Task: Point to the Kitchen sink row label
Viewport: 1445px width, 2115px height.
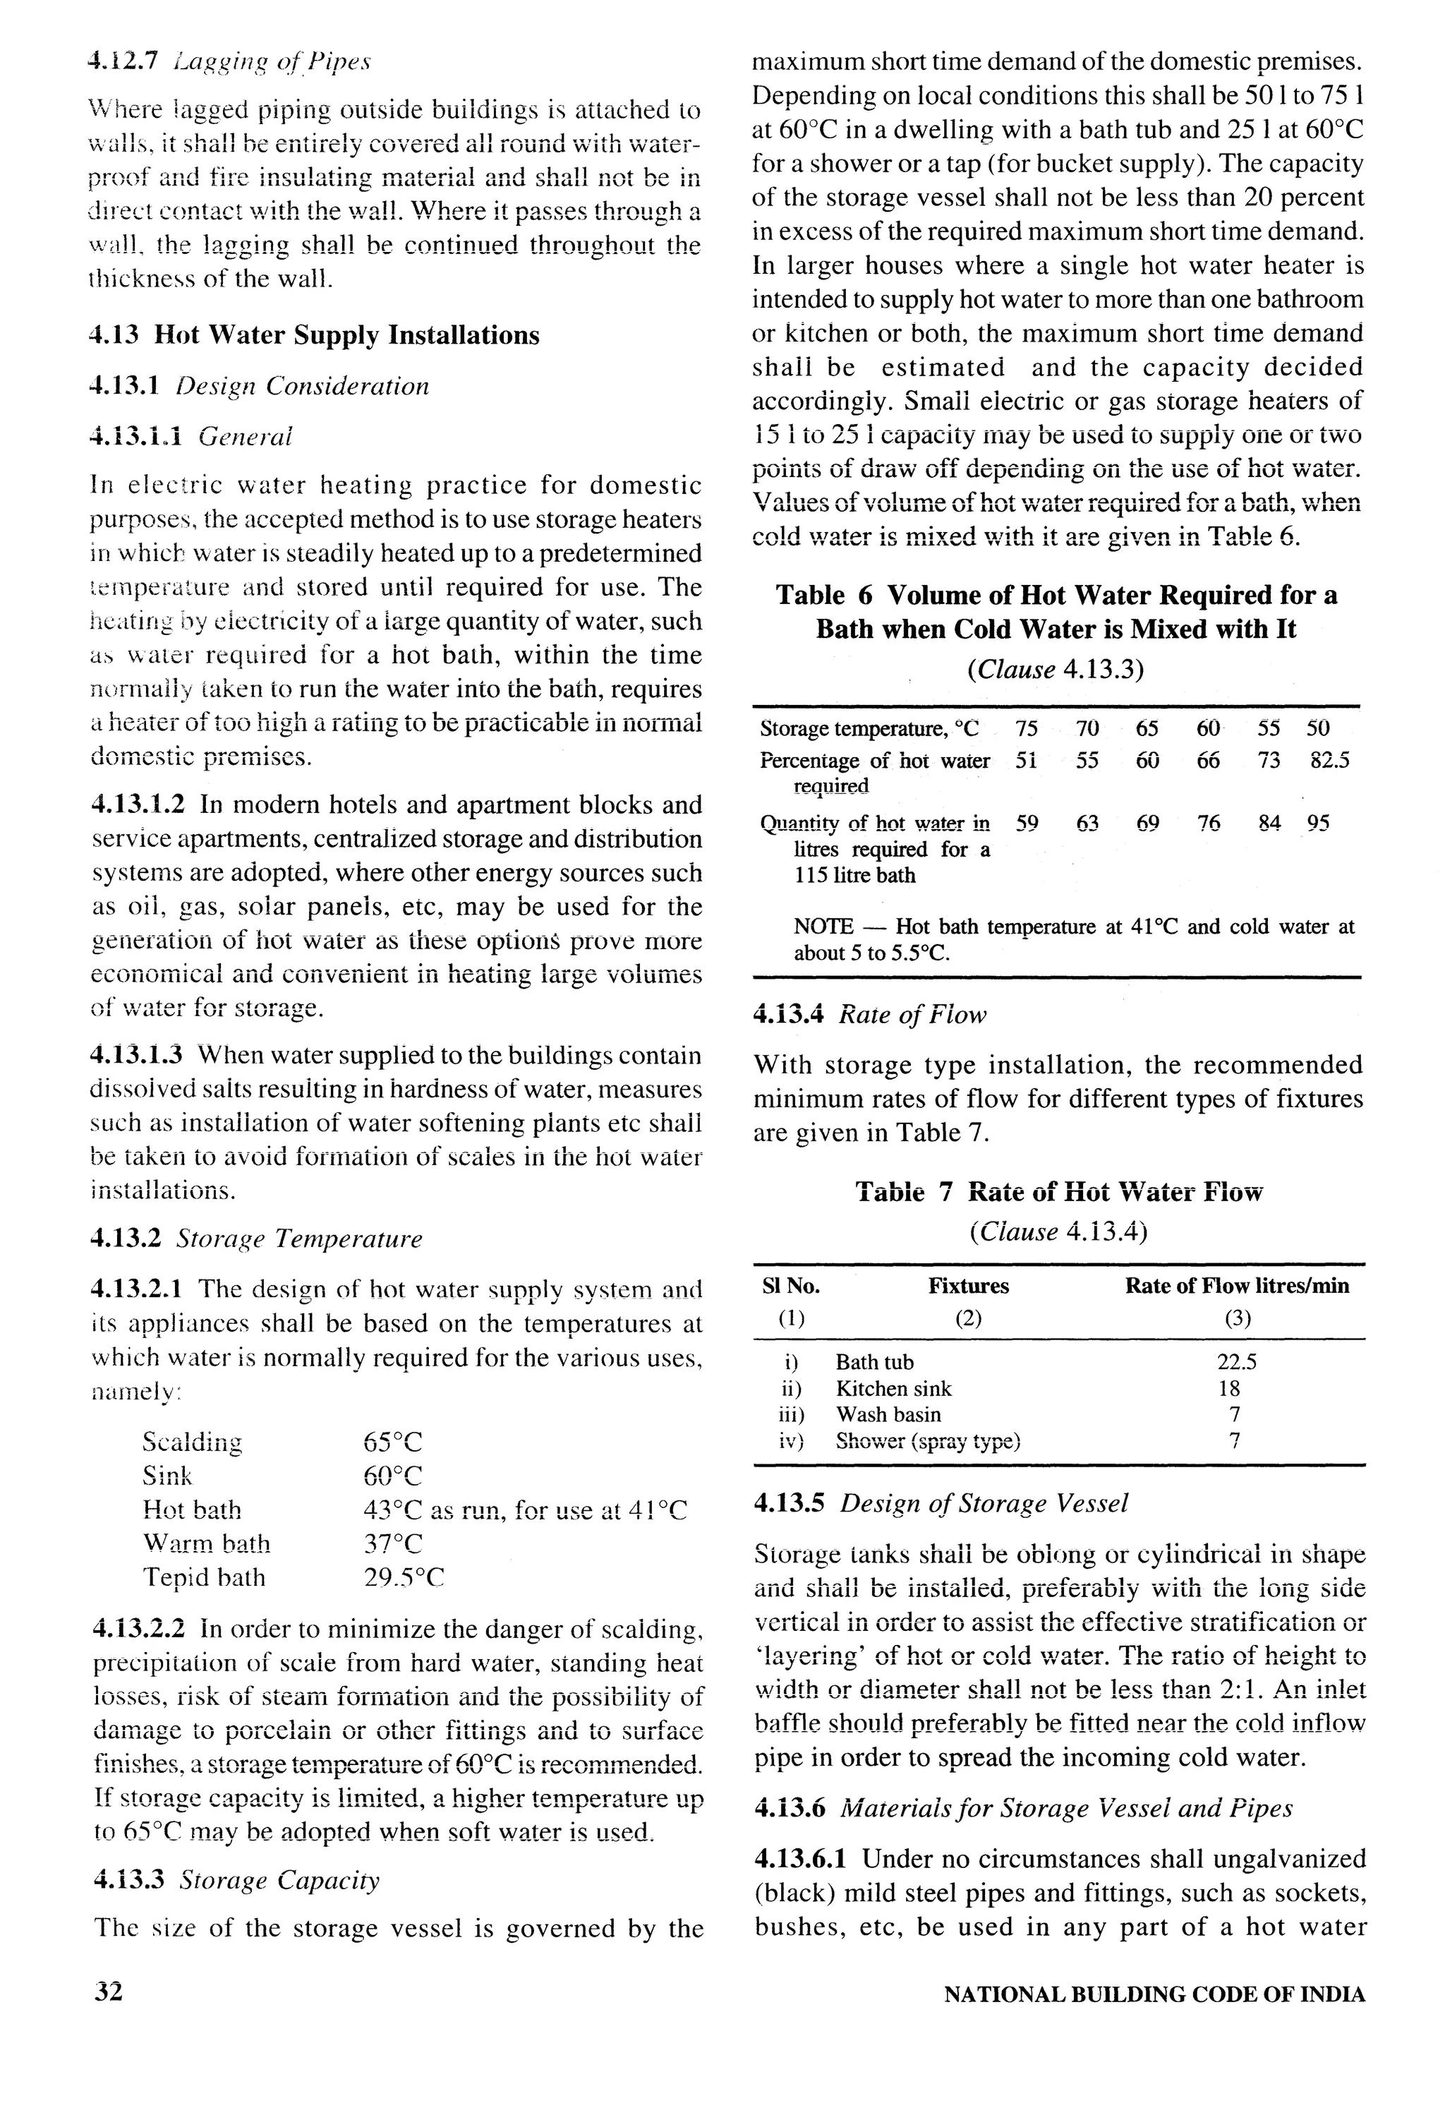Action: (x=893, y=1389)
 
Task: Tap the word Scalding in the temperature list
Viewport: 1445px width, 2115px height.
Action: (x=192, y=1442)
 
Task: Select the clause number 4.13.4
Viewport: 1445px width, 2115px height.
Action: (x=788, y=1015)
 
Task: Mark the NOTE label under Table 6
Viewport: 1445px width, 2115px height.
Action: (x=823, y=927)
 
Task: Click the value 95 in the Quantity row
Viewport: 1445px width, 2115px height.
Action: (x=1317, y=824)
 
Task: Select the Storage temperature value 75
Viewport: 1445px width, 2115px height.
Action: (x=1027, y=728)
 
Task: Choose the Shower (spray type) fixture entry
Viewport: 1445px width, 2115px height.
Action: (x=927, y=1442)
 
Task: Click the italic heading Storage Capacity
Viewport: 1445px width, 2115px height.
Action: (x=277, y=1880)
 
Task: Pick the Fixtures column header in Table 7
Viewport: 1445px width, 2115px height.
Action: (x=968, y=1286)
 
